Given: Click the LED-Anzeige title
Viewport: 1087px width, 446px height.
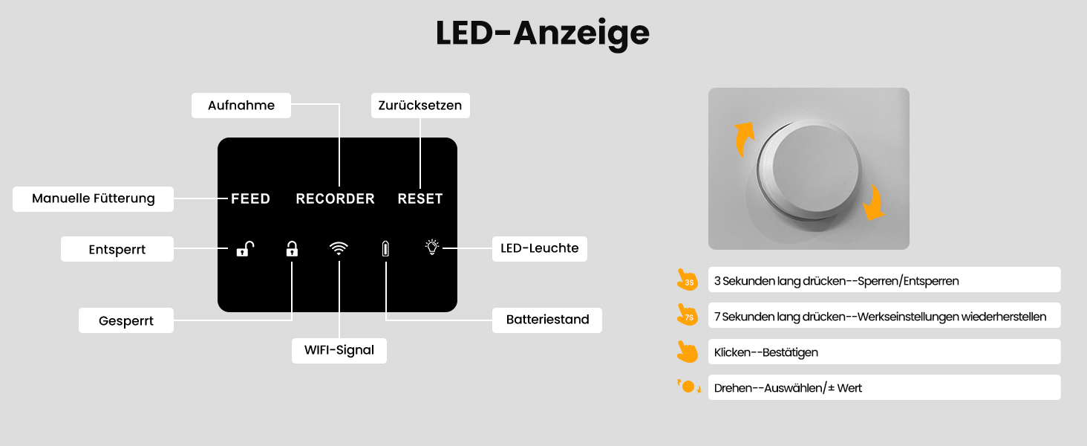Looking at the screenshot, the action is pos(543,33).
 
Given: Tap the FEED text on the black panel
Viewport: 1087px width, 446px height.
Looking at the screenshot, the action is pos(250,198).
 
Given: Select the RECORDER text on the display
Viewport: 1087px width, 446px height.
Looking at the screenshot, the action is pos(336,198).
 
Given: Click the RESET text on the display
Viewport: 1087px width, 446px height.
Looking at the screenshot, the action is pos(420,198).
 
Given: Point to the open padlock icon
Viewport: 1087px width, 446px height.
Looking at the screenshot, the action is pos(245,249).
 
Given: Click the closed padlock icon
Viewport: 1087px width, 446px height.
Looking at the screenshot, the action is pos(292,249).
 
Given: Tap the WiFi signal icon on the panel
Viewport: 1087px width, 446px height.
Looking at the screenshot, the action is pos(339,248).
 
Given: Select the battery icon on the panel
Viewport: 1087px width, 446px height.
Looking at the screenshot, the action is pos(385,249).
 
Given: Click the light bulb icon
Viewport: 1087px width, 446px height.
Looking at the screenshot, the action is pos(432,247).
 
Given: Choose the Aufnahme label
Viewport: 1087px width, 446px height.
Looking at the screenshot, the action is pos(241,106).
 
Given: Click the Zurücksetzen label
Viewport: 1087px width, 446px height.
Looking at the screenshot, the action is pos(420,106).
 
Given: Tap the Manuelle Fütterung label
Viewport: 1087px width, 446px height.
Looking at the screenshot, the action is pos(93,198).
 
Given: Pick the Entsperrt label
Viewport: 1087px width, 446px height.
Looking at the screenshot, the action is pos(117,249).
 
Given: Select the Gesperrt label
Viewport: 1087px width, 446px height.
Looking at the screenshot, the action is pos(126,320).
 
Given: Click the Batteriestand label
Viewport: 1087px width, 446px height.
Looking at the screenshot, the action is pos(547,320).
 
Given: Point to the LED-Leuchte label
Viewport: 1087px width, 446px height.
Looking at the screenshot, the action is pos(540,249).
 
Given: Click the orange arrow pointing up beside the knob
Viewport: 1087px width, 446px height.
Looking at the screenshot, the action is pos(742,138).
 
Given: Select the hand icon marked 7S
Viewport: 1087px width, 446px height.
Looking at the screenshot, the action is pos(688,314).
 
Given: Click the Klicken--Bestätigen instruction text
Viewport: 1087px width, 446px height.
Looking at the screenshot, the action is pos(766,352).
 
